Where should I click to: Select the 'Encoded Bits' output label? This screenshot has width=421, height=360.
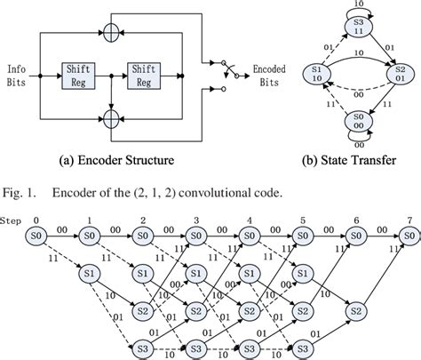[267, 76]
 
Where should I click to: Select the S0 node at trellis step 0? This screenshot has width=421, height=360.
[36, 235]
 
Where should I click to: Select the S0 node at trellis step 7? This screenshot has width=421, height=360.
[408, 235]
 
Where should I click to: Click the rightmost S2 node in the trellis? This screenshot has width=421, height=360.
[355, 313]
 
